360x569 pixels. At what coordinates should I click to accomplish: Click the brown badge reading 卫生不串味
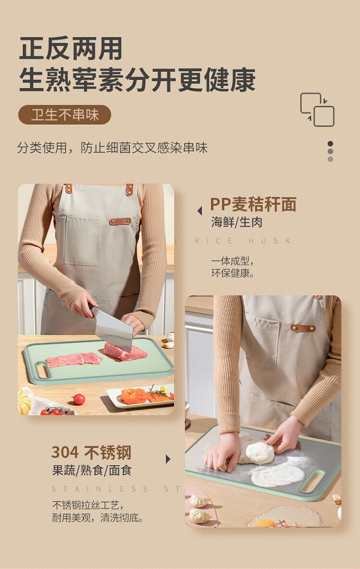65,115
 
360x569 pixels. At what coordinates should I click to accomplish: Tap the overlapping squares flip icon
317,109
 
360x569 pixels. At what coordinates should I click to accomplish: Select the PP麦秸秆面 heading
253,204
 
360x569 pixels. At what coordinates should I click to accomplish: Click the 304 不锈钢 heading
91,452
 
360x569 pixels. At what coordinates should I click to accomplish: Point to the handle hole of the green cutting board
42,369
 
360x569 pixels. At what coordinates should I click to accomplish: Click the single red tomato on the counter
79,399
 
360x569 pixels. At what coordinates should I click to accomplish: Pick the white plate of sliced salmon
141,397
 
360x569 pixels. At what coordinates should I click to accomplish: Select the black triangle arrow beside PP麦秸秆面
200,211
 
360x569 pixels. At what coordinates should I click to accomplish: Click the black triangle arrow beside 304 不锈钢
168,459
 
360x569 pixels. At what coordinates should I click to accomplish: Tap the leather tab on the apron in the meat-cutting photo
120,221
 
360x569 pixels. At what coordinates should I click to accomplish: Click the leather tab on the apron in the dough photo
303,329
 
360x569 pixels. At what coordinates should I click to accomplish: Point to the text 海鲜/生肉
237,222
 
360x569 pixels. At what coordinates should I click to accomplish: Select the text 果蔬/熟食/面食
92,471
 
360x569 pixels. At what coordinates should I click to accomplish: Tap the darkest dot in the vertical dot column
330,144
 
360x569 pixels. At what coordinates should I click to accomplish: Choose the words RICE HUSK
242,240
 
